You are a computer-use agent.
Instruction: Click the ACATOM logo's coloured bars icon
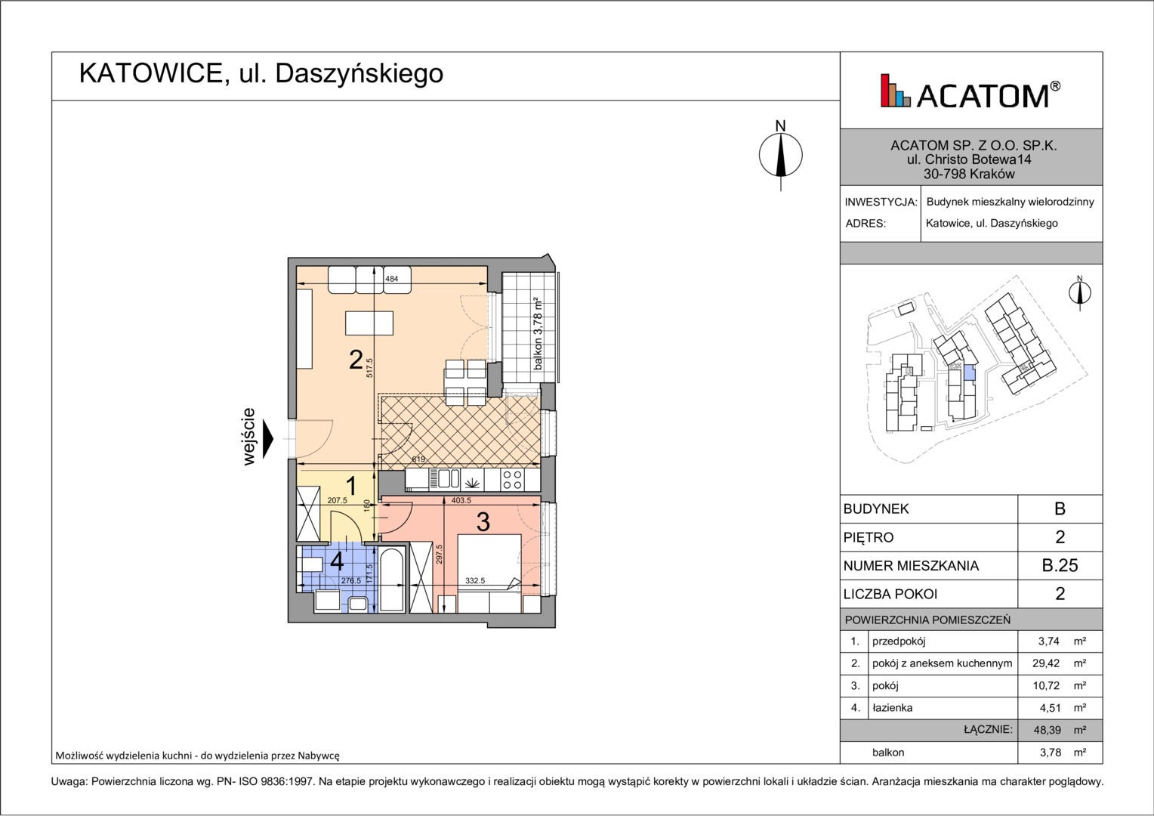pos(896,91)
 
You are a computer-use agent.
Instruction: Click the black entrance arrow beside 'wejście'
pos(268,439)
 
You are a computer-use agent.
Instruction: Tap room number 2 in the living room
pos(356,360)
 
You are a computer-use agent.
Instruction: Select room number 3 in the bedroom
pos(483,522)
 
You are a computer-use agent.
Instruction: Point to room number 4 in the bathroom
pos(336,561)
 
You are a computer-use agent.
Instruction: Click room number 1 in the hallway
pos(351,486)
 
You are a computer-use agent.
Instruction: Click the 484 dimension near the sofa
pos(391,279)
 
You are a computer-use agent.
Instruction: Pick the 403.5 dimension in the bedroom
pos(461,500)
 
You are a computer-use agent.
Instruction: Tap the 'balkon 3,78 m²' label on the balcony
pos(538,333)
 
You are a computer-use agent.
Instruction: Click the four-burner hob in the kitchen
pos(513,479)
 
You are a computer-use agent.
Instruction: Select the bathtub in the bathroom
pos(392,580)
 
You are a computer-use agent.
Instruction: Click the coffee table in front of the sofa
pos(369,323)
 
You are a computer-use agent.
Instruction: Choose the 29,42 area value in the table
pos(1046,663)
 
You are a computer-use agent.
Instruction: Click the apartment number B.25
pos(1060,565)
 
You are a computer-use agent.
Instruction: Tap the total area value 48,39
pos(1046,730)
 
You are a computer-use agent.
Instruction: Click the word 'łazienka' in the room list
pos(892,708)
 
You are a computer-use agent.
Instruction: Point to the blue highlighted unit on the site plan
pos(969,372)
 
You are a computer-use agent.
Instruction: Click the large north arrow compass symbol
pos(780,155)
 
